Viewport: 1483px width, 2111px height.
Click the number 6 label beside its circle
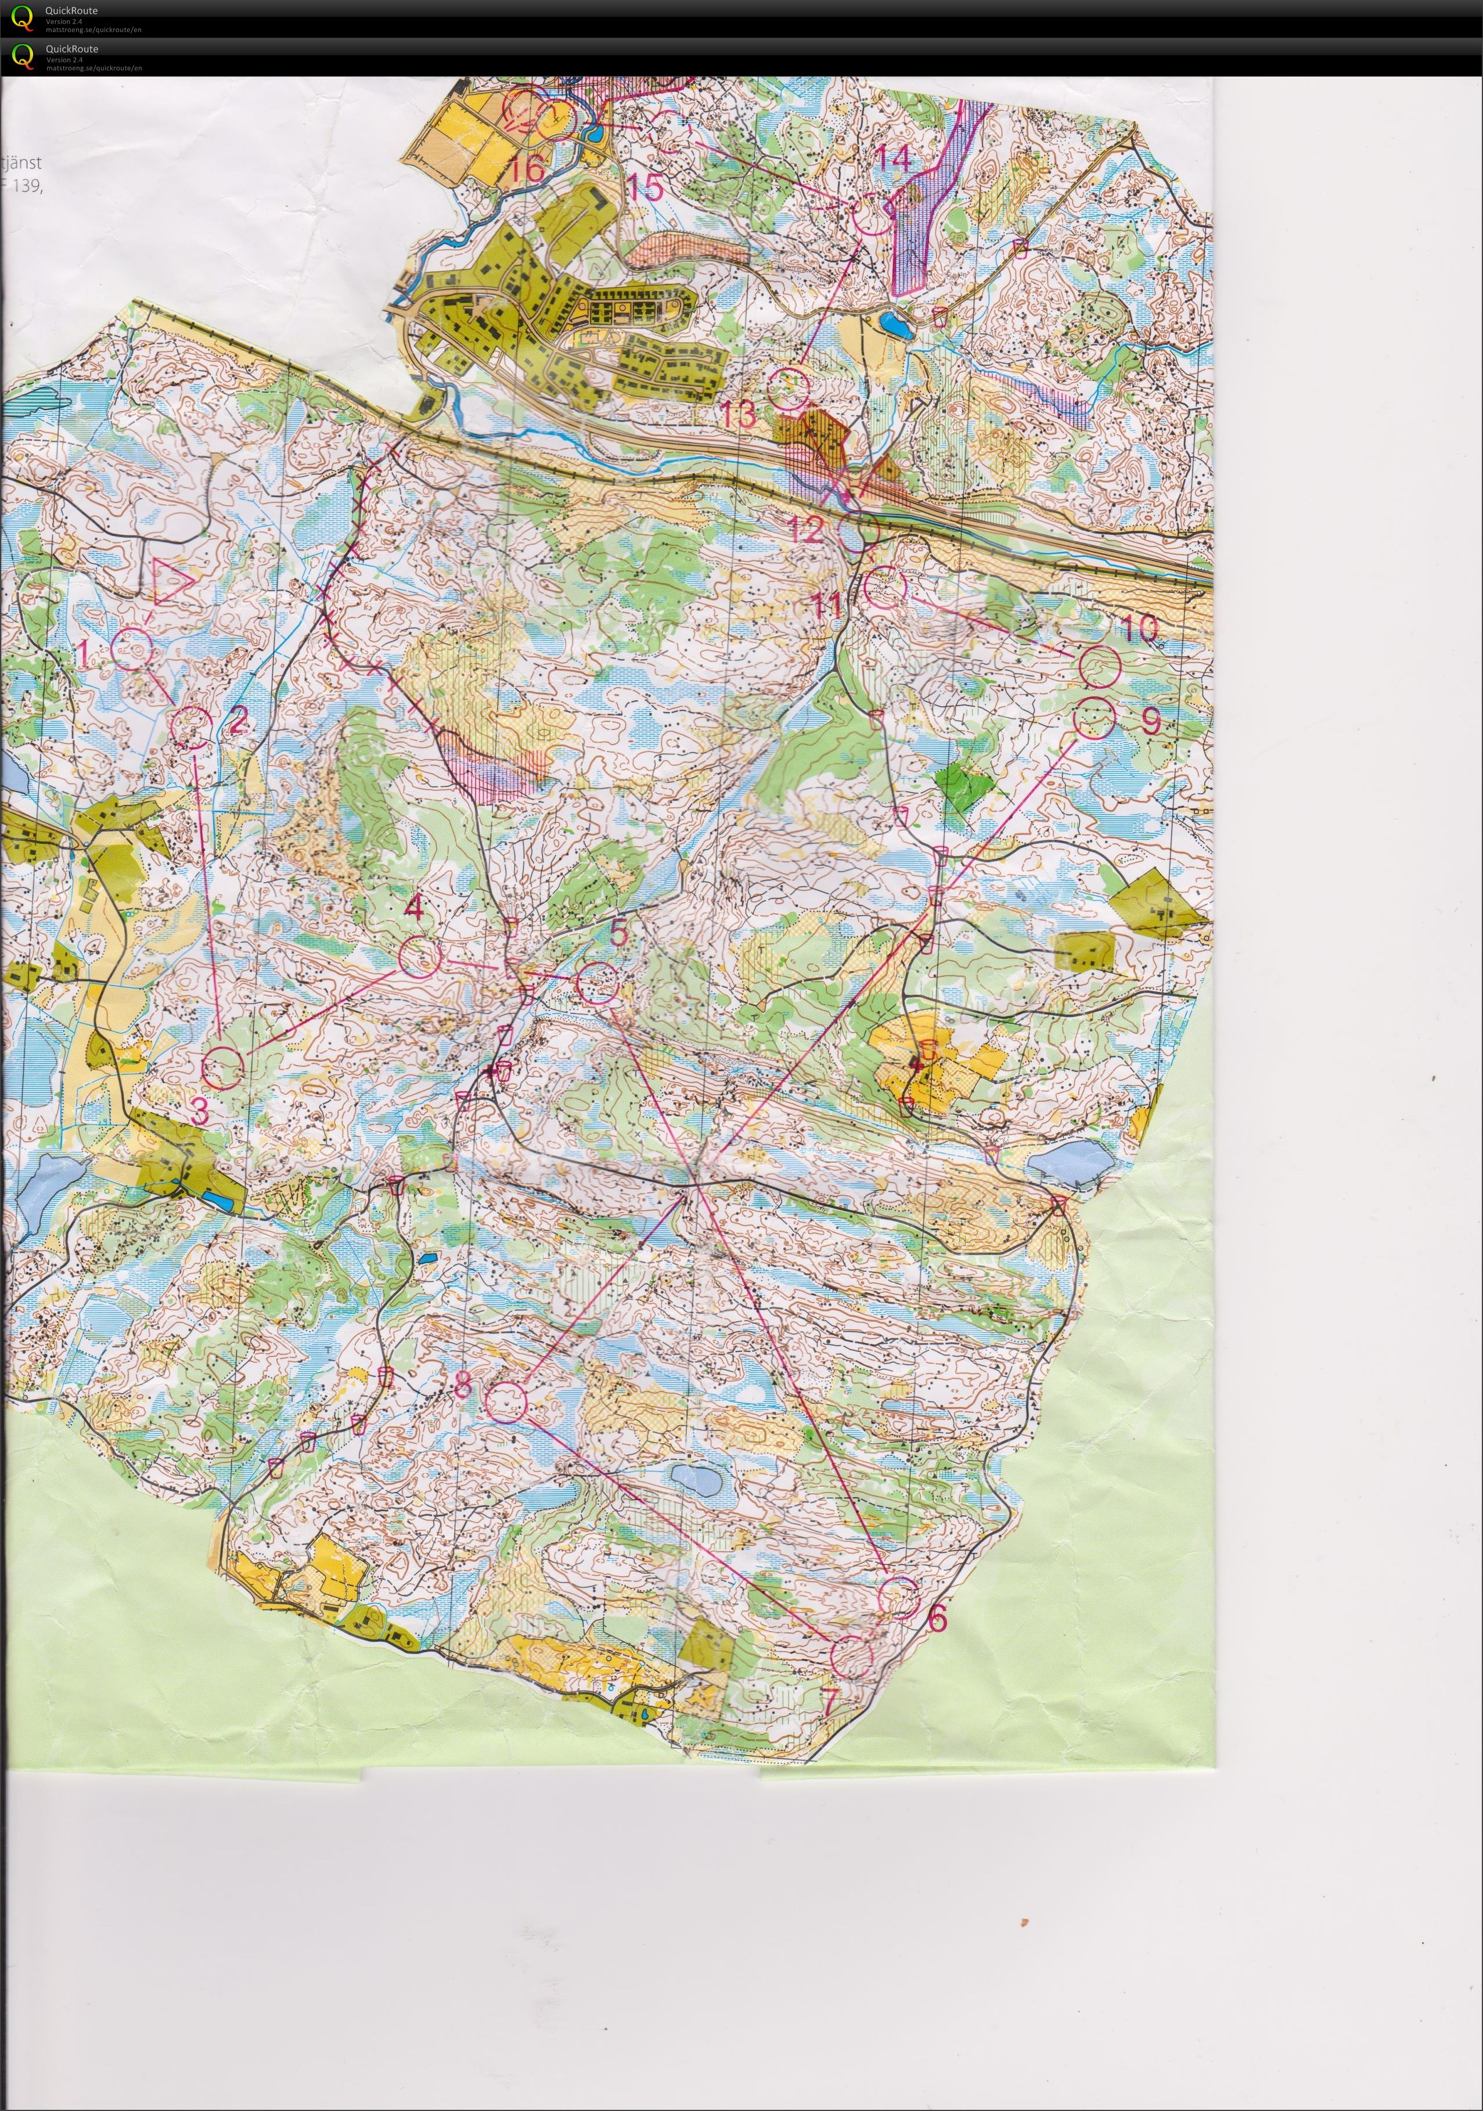[937, 1618]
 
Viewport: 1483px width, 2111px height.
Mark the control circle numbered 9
[1094, 718]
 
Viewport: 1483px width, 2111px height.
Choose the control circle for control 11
[886, 587]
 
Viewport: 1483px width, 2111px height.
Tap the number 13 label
[737, 415]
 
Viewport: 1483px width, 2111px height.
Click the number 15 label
[646, 188]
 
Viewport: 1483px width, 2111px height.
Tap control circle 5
[597, 984]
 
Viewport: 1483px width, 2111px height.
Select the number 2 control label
[237, 720]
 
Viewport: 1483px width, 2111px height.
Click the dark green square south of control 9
[963, 787]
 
